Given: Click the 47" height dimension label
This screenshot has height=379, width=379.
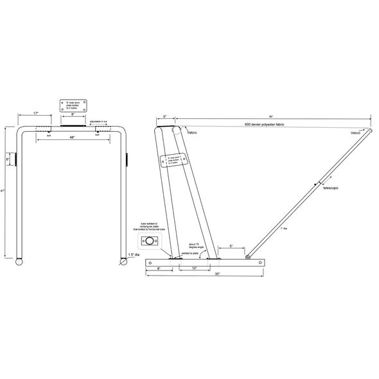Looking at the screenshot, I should click(3, 193).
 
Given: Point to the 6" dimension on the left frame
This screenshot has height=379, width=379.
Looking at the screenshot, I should click(8, 159).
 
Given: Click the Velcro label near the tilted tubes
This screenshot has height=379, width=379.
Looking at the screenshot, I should click(192, 132).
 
